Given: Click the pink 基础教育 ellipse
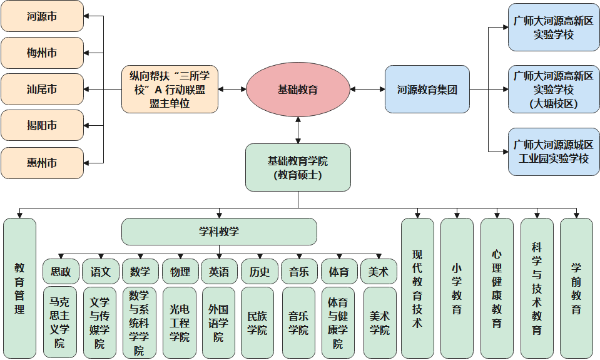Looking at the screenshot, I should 298,90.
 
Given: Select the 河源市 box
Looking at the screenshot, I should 42,16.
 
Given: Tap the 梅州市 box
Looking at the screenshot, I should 42,53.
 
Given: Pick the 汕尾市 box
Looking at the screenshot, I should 42,90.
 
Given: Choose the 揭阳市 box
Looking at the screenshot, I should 42,126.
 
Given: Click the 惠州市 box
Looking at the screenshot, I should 42,163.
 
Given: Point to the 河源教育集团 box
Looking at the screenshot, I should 427,90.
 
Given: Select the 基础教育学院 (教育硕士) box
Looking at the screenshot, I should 298,167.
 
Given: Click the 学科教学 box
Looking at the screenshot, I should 219,232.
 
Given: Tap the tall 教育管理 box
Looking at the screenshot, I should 19,288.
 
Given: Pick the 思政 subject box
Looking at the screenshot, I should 61,272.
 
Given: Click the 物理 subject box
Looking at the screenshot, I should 180,272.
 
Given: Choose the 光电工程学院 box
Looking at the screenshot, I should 180,322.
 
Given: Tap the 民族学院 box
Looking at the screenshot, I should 257,322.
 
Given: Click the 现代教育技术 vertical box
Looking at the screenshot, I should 417,288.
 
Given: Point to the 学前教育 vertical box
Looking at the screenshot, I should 576,288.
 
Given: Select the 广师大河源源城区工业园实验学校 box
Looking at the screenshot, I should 553,152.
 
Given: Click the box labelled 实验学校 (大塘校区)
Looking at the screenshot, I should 553,90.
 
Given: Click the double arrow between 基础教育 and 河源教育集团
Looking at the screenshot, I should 367,90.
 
